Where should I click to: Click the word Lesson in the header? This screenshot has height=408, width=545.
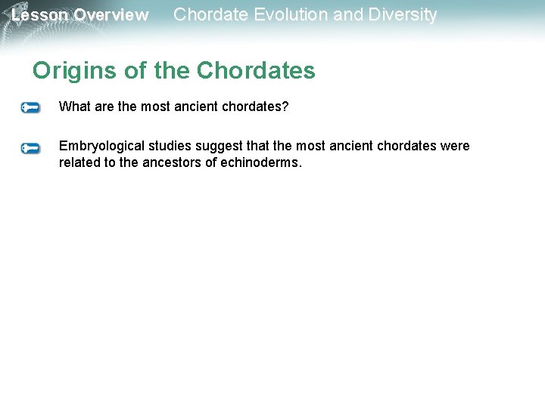[x=39, y=15]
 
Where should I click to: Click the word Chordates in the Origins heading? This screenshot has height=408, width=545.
[x=256, y=71]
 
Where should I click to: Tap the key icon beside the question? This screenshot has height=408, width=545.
[x=30, y=108]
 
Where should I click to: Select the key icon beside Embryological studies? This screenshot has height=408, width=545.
[x=30, y=148]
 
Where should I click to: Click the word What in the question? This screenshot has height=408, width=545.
[x=73, y=107]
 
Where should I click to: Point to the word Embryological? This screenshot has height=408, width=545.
[x=101, y=146]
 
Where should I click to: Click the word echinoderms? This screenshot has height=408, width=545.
[x=260, y=162]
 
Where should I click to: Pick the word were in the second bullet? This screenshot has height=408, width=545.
[x=455, y=146]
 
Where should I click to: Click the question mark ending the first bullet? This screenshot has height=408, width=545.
[x=285, y=107]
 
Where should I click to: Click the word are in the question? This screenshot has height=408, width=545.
[x=104, y=107]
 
